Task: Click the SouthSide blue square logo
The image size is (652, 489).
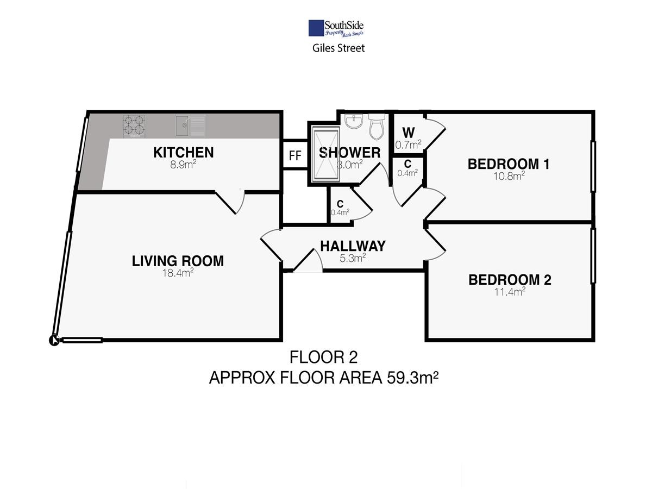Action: click(x=316, y=28)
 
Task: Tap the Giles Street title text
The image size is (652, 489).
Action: click(x=338, y=48)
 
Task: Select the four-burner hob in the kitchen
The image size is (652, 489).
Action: click(x=134, y=126)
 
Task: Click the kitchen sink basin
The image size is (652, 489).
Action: click(x=182, y=126)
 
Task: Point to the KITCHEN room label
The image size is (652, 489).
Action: click(x=184, y=153)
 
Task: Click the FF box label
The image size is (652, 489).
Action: click(x=295, y=155)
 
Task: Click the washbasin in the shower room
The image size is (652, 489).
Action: click(x=354, y=122)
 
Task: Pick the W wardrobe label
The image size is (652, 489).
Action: click(x=409, y=133)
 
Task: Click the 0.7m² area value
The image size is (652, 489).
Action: click(x=408, y=145)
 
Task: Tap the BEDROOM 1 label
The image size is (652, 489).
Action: click(x=509, y=164)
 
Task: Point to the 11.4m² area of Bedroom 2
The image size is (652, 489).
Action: click(x=510, y=292)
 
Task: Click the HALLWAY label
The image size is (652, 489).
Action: click(x=353, y=246)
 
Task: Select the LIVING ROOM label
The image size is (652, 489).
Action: click(x=178, y=261)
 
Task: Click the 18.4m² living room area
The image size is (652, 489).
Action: click(x=178, y=273)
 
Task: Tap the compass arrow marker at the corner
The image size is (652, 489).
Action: click(x=54, y=340)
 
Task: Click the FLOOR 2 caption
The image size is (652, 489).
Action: click(x=323, y=357)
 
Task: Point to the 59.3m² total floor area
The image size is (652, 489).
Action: click(x=412, y=378)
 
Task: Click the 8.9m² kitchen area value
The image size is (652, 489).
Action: click(x=183, y=165)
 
